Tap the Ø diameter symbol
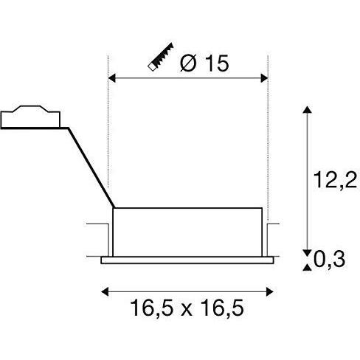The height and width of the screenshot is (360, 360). pyautogui.click(x=187, y=64)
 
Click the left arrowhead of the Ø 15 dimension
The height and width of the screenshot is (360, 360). pyautogui.click(x=113, y=77)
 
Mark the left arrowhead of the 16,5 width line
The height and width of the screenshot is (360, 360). pyautogui.click(x=103, y=289)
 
